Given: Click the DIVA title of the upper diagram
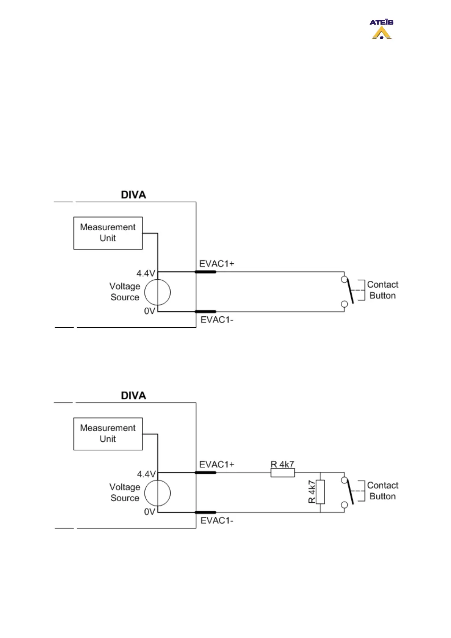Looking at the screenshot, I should click(x=133, y=195).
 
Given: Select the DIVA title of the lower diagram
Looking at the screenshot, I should click(x=133, y=396).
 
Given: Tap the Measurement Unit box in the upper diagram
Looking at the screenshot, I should click(x=108, y=233).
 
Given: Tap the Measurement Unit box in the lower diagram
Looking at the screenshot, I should click(x=108, y=434).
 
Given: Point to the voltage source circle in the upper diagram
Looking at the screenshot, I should click(x=158, y=292).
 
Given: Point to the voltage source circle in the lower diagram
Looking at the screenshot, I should click(x=158, y=493).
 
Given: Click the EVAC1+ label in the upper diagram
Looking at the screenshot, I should click(x=217, y=264).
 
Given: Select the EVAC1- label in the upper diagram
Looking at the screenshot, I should click(x=217, y=320).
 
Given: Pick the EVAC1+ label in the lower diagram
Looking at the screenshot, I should click(x=217, y=464).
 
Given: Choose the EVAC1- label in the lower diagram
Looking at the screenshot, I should click(x=217, y=521).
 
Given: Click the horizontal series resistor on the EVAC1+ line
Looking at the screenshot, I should click(x=282, y=473).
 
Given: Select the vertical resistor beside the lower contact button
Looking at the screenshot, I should click(x=320, y=492).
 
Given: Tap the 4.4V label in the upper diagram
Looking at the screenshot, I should click(x=146, y=273).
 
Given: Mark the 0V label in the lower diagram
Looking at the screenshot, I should click(x=150, y=512).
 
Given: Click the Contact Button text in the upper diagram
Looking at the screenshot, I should click(x=382, y=290).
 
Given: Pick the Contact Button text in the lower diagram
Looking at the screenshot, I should click(x=382, y=491).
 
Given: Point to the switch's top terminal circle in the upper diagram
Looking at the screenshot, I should click(x=344, y=280).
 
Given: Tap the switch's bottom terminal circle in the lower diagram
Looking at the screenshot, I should click(x=344, y=505).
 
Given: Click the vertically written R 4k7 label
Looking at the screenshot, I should click(x=312, y=492).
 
